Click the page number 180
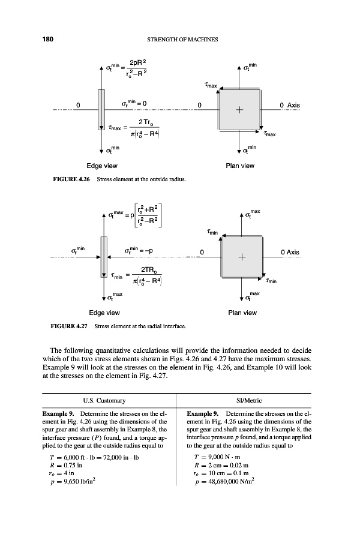point(48,40)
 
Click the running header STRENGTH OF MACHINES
point(182,40)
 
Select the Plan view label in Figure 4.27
point(242,313)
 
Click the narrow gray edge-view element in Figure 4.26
point(101,109)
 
